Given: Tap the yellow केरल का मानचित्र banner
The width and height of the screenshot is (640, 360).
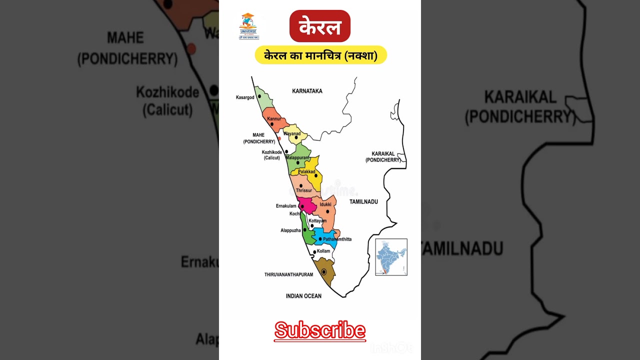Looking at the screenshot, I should pyautogui.click(x=320, y=55).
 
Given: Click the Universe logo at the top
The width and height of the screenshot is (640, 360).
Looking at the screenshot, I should pyautogui.click(x=248, y=26).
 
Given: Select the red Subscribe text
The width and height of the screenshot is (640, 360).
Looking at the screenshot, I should pyautogui.click(x=320, y=331).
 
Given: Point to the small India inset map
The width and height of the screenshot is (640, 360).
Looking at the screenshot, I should pyautogui.click(x=391, y=257).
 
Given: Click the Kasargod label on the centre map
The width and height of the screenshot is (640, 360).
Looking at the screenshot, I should pyautogui.click(x=245, y=97).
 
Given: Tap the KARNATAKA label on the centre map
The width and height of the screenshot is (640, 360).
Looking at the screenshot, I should pyautogui.click(x=307, y=91).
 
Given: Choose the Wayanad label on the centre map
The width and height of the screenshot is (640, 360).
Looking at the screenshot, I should pyautogui.click(x=292, y=134).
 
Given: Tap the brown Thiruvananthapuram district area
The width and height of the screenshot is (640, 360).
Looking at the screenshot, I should pyautogui.click(x=324, y=272).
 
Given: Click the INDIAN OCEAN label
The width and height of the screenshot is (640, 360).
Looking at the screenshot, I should pyautogui.click(x=303, y=296).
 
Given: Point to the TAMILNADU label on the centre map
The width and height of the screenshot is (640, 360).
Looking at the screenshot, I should pyautogui.click(x=363, y=201).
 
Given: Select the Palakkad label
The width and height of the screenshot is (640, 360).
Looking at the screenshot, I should pyautogui.click(x=306, y=172).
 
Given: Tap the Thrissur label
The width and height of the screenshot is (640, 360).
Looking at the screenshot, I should pyautogui.click(x=304, y=190).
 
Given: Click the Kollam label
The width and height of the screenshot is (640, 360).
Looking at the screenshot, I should pyautogui.click(x=323, y=250).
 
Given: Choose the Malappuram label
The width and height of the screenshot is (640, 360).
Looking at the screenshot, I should pyautogui.click(x=297, y=158).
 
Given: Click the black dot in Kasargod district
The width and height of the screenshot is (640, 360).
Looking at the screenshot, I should pyautogui.click(x=259, y=96).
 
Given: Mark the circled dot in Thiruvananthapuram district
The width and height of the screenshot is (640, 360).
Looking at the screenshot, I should pyautogui.click(x=324, y=271).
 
